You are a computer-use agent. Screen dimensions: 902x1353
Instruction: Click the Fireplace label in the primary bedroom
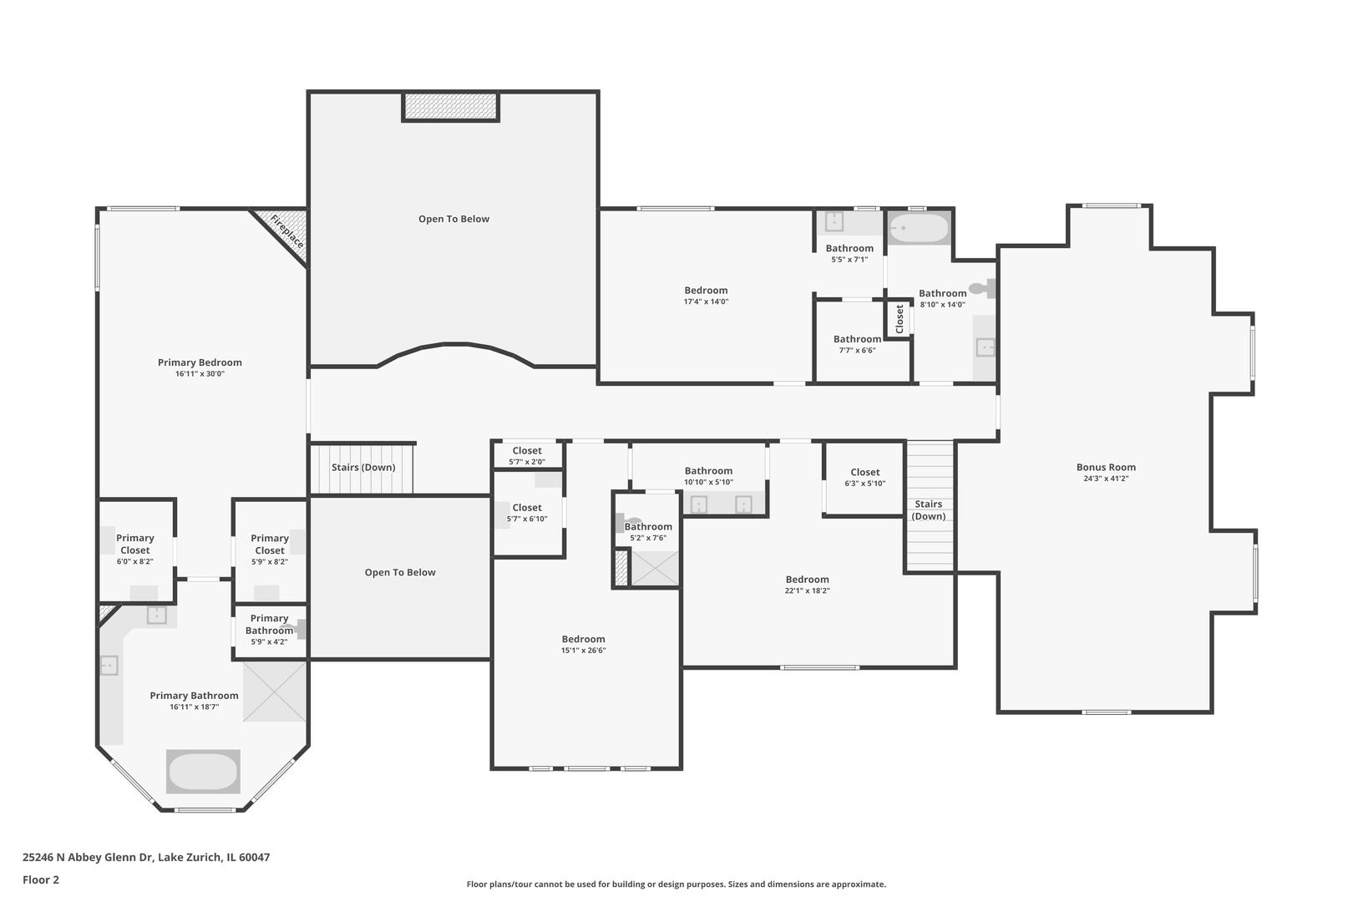pyautogui.click(x=286, y=231)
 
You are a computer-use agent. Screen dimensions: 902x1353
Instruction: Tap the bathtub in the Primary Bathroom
pyautogui.click(x=203, y=772)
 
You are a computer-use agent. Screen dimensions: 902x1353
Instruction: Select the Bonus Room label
pyautogui.click(x=1106, y=468)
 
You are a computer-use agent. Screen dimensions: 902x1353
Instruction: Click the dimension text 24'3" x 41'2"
pyautogui.click(x=1106, y=479)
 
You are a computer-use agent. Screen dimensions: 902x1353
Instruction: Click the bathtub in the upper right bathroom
pyautogui.click(x=919, y=227)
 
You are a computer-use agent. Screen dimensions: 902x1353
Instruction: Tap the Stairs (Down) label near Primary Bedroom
pyautogui.click(x=363, y=468)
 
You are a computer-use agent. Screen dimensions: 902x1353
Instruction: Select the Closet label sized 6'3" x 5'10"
pyautogui.click(x=864, y=473)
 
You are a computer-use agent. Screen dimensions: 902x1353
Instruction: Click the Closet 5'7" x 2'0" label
pyautogui.click(x=527, y=451)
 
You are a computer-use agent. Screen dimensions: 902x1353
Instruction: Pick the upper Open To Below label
pyautogui.click(x=454, y=220)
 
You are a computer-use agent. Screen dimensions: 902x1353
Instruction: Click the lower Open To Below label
pyautogui.click(x=400, y=573)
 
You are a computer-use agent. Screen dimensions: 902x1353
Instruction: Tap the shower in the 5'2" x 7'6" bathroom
pyautogui.click(x=655, y=568)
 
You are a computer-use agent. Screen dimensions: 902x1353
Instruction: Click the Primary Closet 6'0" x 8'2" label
pyautogui.click(x=135, y=545)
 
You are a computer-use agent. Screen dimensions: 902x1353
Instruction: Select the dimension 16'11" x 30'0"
pyautogui.click(x=200, y=374)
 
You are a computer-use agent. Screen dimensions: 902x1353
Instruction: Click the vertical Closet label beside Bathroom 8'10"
pyautogui.click(x=899, y=318)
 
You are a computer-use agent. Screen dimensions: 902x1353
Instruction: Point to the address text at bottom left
pyautogui.click(x=146, y=857)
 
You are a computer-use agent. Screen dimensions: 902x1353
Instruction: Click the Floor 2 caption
pyautogui.click(x=41, y=879)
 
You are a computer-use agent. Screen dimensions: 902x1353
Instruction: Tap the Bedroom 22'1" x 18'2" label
pyautogui.click(x=807, y=580)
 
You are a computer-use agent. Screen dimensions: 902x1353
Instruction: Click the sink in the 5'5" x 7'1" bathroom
pyautogui.click(x=834, y=222)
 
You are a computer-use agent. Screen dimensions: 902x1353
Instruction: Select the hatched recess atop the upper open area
pyautogui.click(x=450, y=107)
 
